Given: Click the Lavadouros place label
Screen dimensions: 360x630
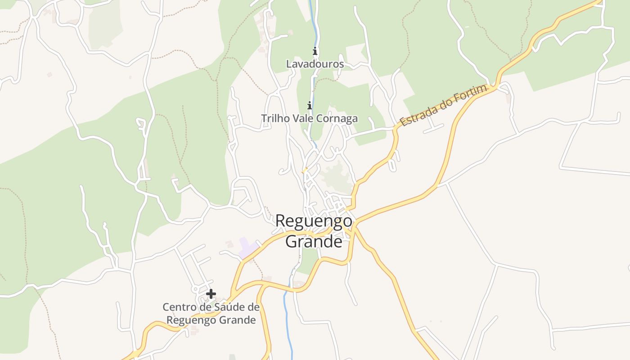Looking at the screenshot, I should tap(315, 64).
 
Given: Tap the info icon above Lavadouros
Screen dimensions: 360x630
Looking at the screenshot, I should tap(315, 51).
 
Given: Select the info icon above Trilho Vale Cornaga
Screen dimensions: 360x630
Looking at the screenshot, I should tap(310, 106).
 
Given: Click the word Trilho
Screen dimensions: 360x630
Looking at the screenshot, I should tap(274, 118).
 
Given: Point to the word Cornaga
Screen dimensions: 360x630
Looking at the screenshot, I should tap(338, 118).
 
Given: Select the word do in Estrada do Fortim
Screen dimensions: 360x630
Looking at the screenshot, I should tap(444, 104).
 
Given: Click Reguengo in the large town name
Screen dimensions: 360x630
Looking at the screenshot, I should tap(314, 221).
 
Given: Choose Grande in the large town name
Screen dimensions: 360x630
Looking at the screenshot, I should tap(314, 242).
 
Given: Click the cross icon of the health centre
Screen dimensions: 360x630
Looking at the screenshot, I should tap(211, 294).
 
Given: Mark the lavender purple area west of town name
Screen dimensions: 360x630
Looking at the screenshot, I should tap(247, 248).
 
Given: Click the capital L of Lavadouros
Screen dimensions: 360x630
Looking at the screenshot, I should tap(289, 64).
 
